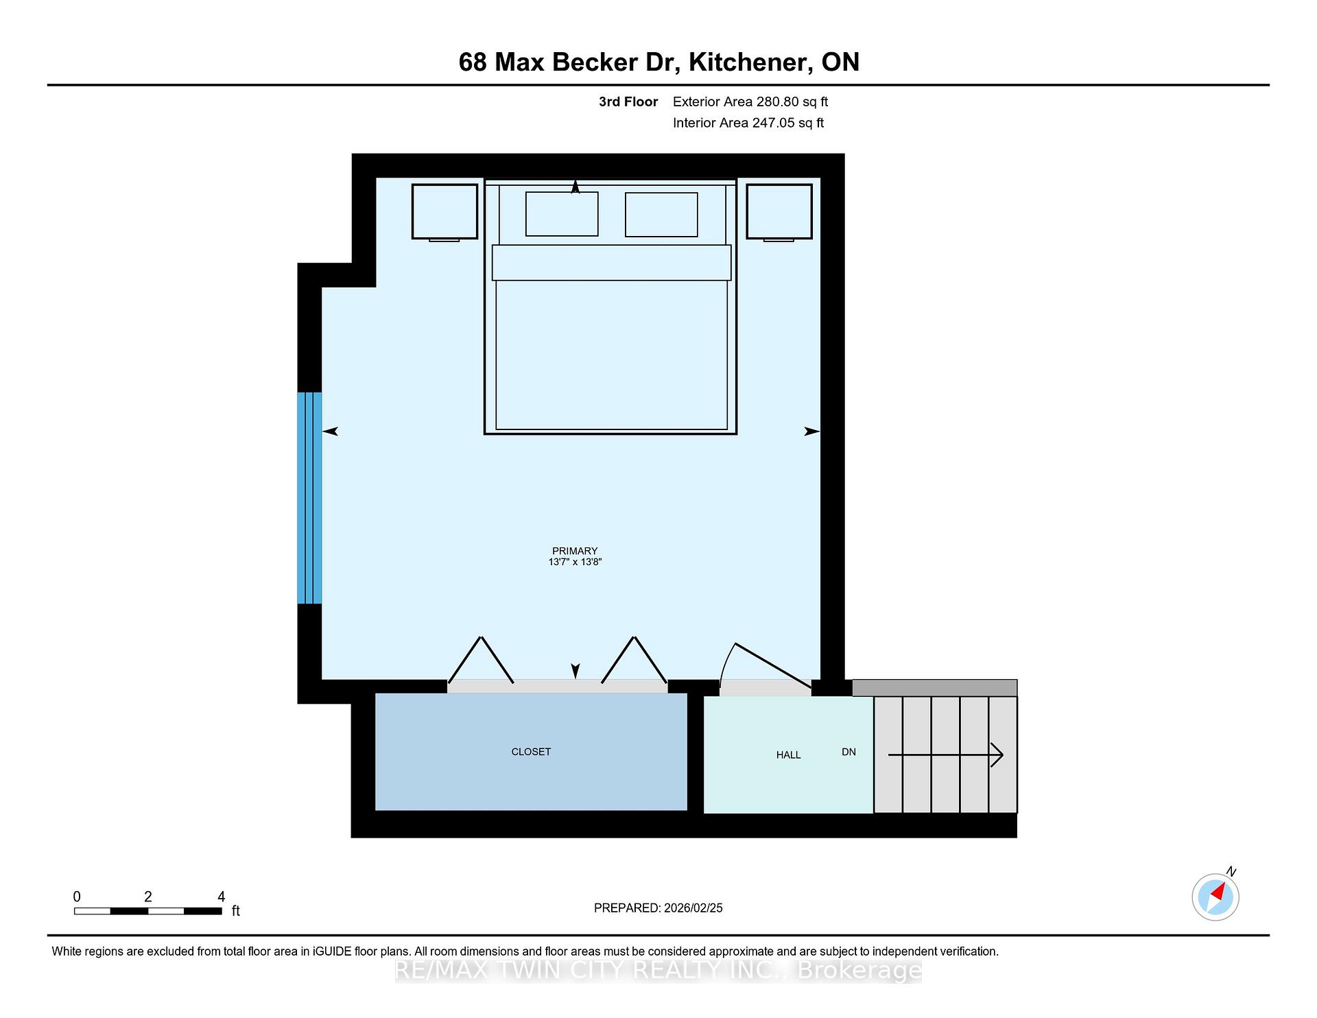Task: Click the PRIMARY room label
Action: click(x=575, y=551)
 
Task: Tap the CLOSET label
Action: click(x=531, y=752)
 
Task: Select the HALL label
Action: click(x=788, y=755)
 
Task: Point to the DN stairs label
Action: click(x=849, y=752)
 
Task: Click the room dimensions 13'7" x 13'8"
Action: click(x=575, y=562)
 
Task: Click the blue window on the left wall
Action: click(x=309, y=498)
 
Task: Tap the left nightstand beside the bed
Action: click(x=444, y=212)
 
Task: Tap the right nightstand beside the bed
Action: click(x=779, y=212)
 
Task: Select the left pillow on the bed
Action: click(x=562, y=214)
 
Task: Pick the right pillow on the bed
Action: click(x=661, y=214)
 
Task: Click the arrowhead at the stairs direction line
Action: click(x=998, y=755)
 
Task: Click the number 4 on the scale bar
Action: click(x=221, y=897)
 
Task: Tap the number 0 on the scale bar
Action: click(x=77, y=897)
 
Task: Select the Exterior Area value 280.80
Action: click(x=778, y=102)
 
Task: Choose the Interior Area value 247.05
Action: click(x=772, y=123)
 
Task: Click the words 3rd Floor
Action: click(x=628, y=102)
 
